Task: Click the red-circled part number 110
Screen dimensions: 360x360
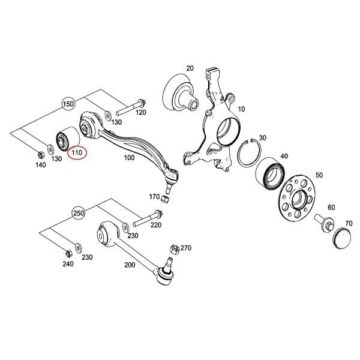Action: pos(77,152)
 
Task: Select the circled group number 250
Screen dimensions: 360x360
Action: pos(78,214)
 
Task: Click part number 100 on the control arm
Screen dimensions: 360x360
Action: pos(128,158)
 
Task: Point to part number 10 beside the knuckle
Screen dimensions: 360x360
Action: pos(242,110)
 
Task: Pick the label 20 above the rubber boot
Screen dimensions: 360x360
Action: pos(190,68)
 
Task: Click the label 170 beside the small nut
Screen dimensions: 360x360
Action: pos(154,196)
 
